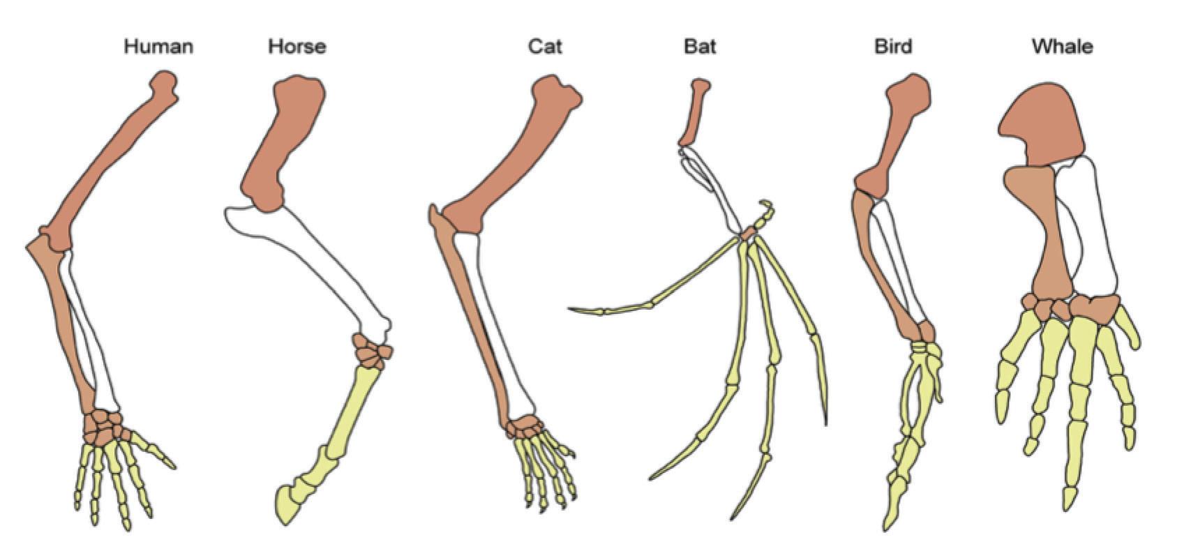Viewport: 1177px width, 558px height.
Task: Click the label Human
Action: click(158, 47)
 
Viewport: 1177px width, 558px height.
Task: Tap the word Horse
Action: click(297, 47)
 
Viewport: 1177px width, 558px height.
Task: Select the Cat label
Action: click(544, 47)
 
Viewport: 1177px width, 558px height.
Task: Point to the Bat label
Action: click(700, 47)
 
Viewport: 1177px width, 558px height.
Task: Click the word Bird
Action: click(893, 47)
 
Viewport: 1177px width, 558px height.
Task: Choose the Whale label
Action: click(1062, 47)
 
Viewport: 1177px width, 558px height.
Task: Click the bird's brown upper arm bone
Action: click(900, 133)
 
